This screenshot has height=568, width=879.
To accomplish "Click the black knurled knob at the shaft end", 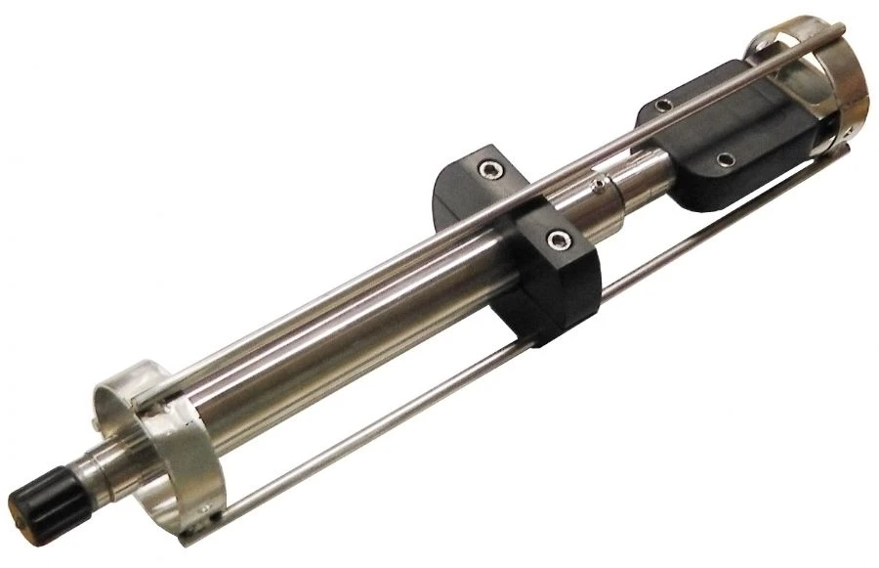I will [x=45, y=493].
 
